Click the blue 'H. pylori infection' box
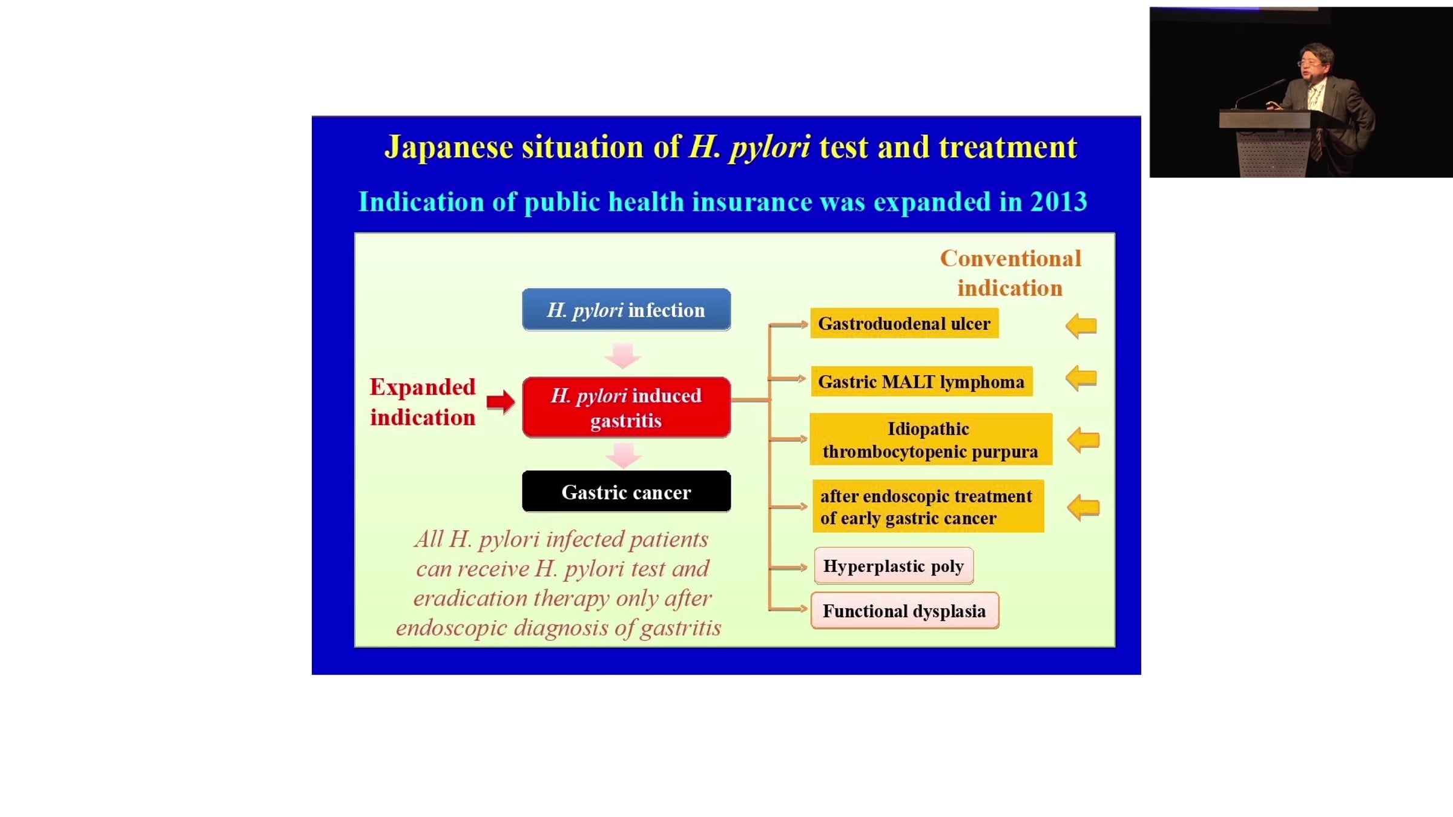tap(626, 309)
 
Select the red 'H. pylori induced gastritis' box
tap(626, 407)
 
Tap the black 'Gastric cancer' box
tap(626, 491)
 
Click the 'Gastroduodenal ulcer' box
tap(904, 323)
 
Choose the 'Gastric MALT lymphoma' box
tap(921, 381)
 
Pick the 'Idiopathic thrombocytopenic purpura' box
tap(931, 439)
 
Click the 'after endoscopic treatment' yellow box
tap(928, 507)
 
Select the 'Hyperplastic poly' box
tap(894, 566)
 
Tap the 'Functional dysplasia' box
tap(904, 611)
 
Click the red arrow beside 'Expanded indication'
tap(501, 401)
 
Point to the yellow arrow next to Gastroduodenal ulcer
tap(1081, 326)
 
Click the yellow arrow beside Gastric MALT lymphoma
tap(1081, 379)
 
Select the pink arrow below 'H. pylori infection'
tap(623, 356)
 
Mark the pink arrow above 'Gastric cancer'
tap(623, 456)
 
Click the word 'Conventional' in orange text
tap(1010, 258)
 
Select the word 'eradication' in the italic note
tap(470, 598)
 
